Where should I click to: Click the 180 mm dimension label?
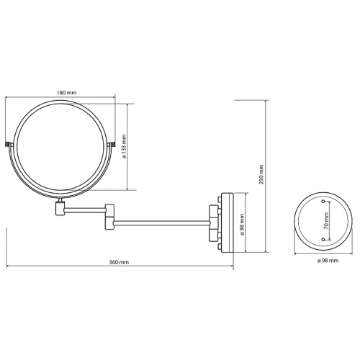click(x=66, y=93)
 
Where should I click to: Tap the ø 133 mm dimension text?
click(x=124, y=146)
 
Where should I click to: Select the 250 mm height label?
click(x=261, y=174)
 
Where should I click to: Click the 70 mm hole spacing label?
click(x=326, y=221)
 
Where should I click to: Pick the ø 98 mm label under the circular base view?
click(x=328, y=261)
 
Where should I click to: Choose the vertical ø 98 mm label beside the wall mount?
click(x=242, y=225)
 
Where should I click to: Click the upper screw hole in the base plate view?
click(x=323, y=201)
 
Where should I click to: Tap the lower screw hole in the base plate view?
click(x=323, y=240)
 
